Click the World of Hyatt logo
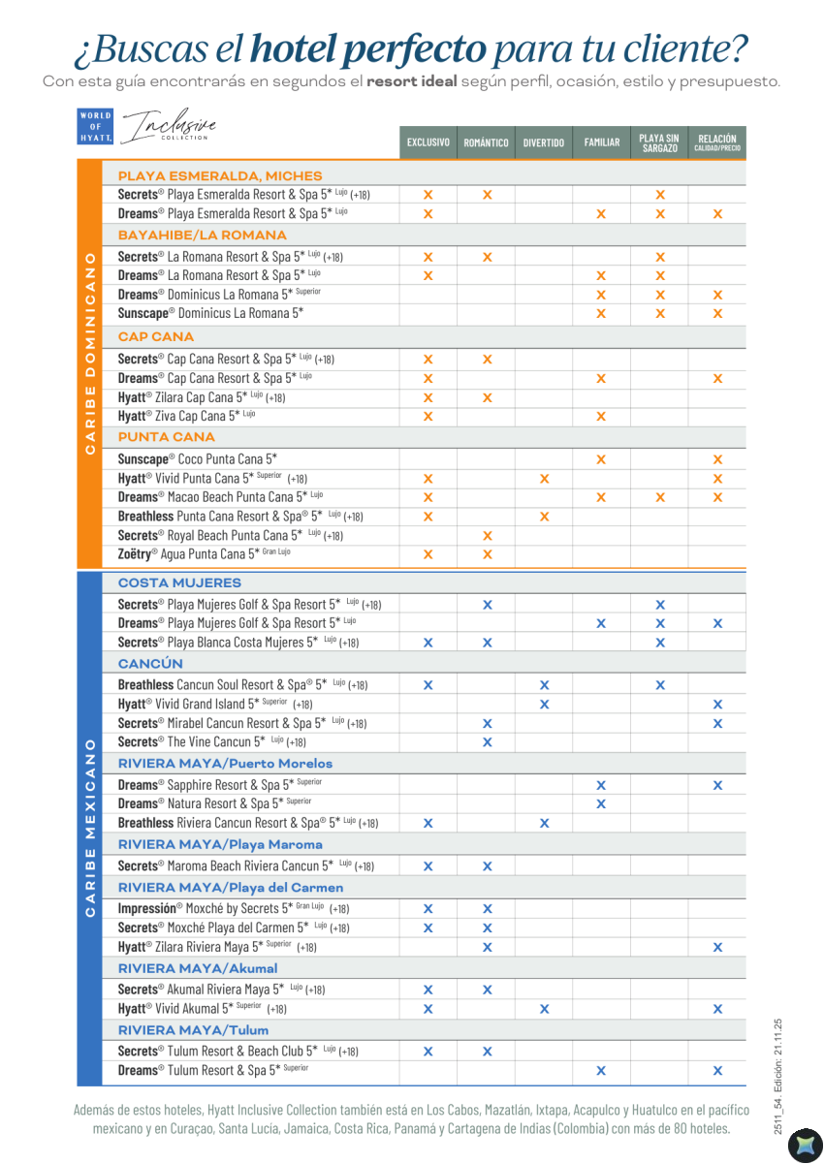click(95, 127)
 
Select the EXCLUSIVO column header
click(428, 142)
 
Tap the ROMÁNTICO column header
click(486, 142)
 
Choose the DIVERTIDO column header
click(543, 142)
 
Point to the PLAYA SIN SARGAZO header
click(658, 142)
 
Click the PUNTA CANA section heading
click(166, 437)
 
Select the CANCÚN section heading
click(150, 664)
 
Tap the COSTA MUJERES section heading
click(179, 582)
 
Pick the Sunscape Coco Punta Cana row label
click(197, 458)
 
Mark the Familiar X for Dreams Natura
click(601, 803)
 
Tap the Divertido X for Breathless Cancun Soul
click(544, 685)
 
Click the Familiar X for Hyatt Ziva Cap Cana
click(601, 417)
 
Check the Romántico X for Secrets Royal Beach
click(487, 536)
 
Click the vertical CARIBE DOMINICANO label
click(89, 354)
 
